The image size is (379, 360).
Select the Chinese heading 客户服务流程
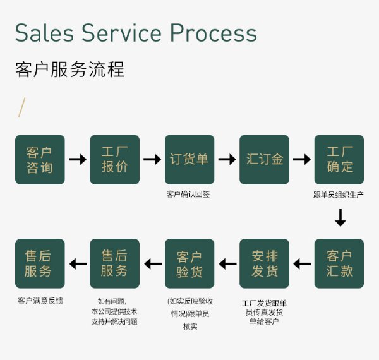pos(69,69)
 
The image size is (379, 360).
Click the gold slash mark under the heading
pos(22,108)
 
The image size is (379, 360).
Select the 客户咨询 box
pos(40,160)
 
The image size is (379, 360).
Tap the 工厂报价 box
pos(114,160)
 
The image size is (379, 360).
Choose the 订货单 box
pos(189,160)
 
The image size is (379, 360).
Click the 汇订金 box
pos(264,160)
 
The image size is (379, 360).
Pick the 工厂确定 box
pos(339,160)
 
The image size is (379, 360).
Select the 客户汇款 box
pos(339,263)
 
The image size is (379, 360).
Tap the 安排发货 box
pos(264,263)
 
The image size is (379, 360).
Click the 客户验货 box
pos(189,263)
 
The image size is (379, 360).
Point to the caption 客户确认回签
pos(188,195)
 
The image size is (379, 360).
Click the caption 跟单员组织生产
pos(339,195)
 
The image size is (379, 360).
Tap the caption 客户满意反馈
pos(40,300)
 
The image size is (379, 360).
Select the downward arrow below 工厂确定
pos(340,218)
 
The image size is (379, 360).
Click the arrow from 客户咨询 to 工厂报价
pos(78,160)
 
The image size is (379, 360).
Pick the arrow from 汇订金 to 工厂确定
pos(302,160)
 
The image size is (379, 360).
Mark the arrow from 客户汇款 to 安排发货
pos(302,263)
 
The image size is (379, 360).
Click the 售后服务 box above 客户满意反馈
pos(40,263)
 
